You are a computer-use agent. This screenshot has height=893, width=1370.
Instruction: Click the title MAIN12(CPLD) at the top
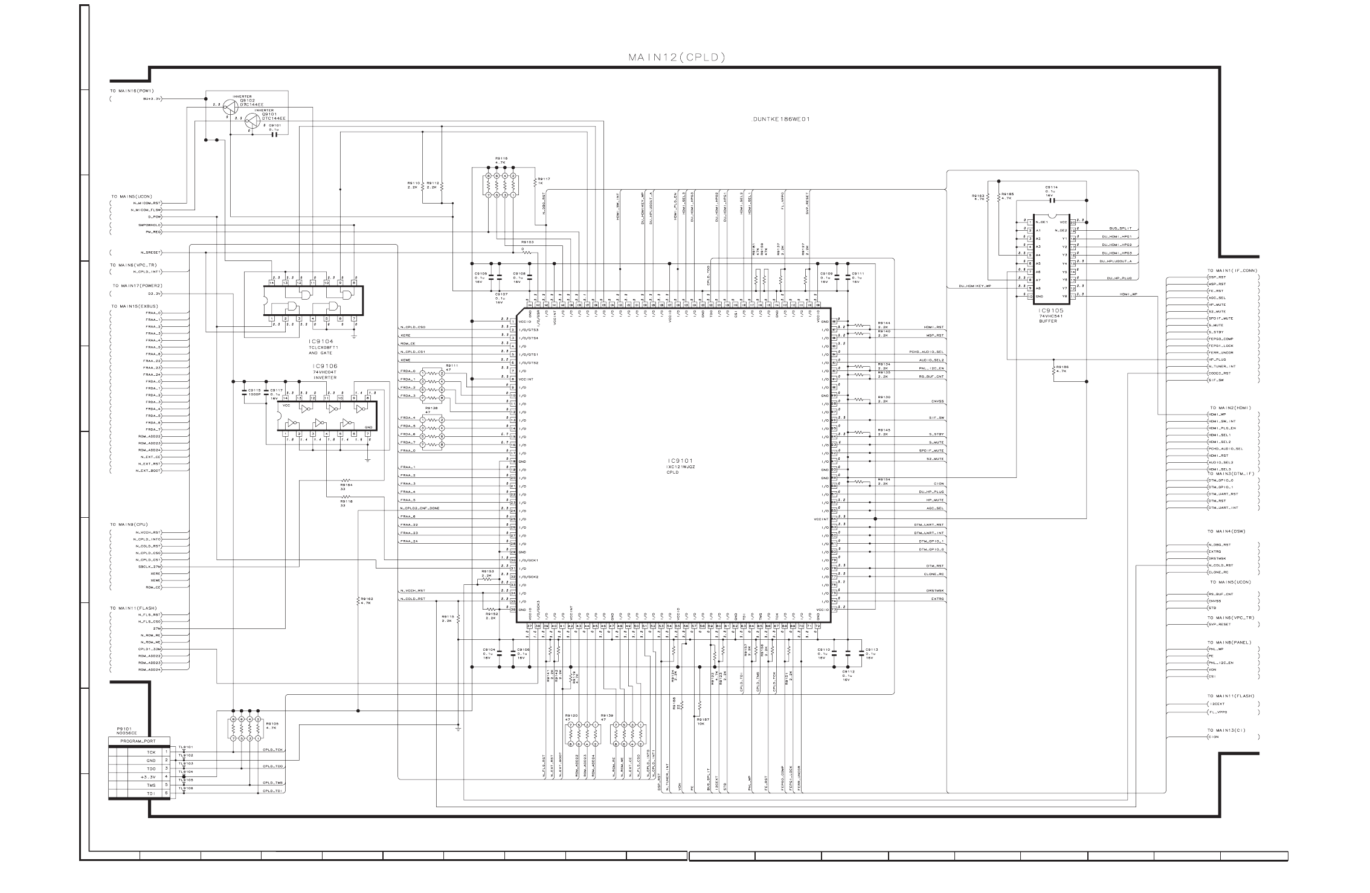(x=676, y=58)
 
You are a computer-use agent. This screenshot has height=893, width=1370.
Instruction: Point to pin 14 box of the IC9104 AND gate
(x=272, y=283)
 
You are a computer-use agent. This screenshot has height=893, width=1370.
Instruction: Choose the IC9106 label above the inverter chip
(x=325, y=367)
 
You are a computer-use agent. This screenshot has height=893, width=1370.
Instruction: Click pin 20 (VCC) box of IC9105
(x=1073, y=222)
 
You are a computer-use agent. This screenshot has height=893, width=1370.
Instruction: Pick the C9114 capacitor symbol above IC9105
(x=1052, y=199)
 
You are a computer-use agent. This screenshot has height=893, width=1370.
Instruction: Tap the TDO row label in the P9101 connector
(x=151, y=769)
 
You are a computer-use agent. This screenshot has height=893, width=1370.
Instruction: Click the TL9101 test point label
(x=185, y=747)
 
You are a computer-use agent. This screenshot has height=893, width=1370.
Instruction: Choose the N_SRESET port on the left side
(x=150, y=253)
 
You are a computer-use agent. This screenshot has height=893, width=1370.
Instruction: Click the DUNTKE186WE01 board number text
(x=780, y=119)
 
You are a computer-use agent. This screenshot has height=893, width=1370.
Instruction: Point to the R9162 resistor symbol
(x=358, y=601)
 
